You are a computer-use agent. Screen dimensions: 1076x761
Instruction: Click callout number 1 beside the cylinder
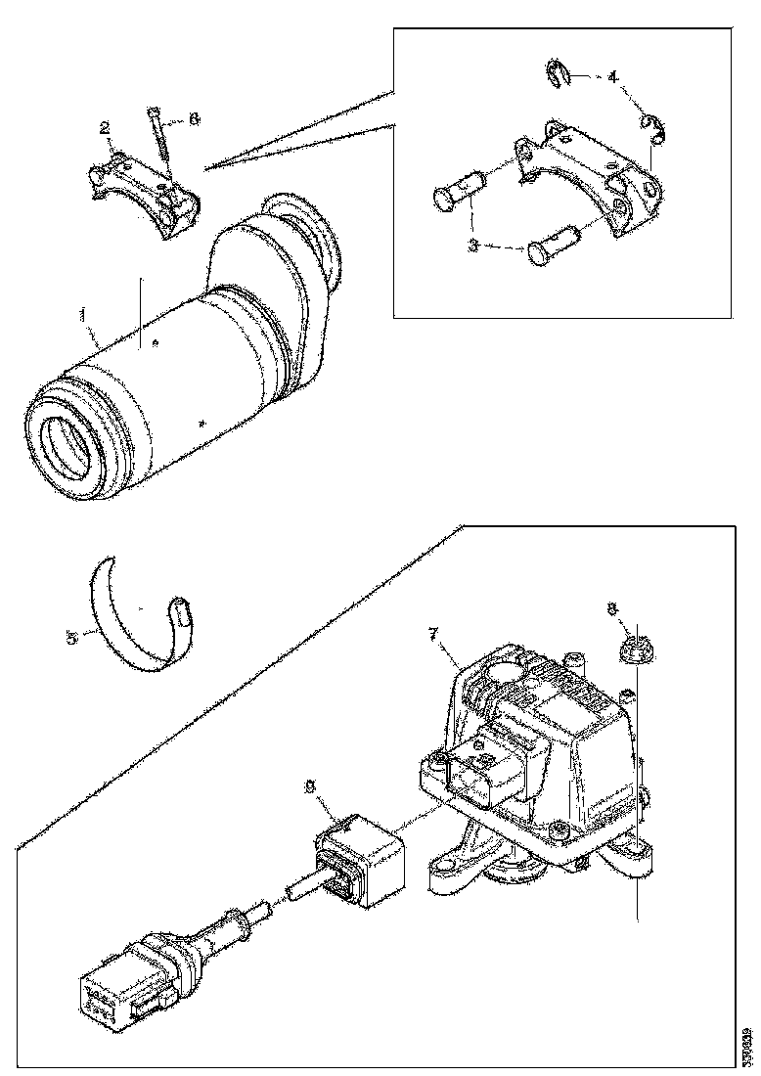coord(84,316)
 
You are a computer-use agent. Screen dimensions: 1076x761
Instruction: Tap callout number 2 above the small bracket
coord(103,127)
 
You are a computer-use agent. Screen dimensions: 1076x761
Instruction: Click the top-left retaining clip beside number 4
coord(557,73)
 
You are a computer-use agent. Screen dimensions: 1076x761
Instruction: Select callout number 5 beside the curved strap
coord(71,637)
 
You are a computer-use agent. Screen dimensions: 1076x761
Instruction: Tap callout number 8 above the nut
coord(613,608)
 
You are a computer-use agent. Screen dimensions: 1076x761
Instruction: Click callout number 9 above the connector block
coord(311,785)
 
